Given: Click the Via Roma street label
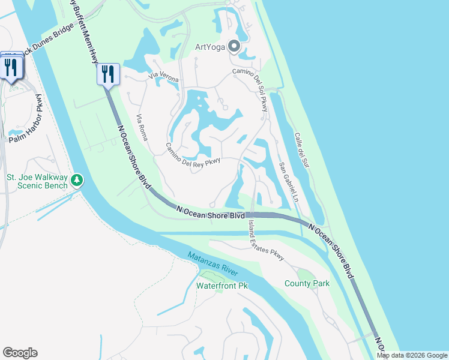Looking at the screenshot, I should click(142, 127).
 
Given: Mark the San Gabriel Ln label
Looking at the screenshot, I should click(289, 181).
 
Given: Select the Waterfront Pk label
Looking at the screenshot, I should click(222, 286).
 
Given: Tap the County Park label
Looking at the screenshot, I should click(307, 283).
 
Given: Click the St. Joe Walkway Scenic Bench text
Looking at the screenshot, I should click(37, 181).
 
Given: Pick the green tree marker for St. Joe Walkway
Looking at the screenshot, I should click(77, 180).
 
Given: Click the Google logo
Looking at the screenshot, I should click(20, 353).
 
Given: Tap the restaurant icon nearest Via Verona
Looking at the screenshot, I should click(108, 74).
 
